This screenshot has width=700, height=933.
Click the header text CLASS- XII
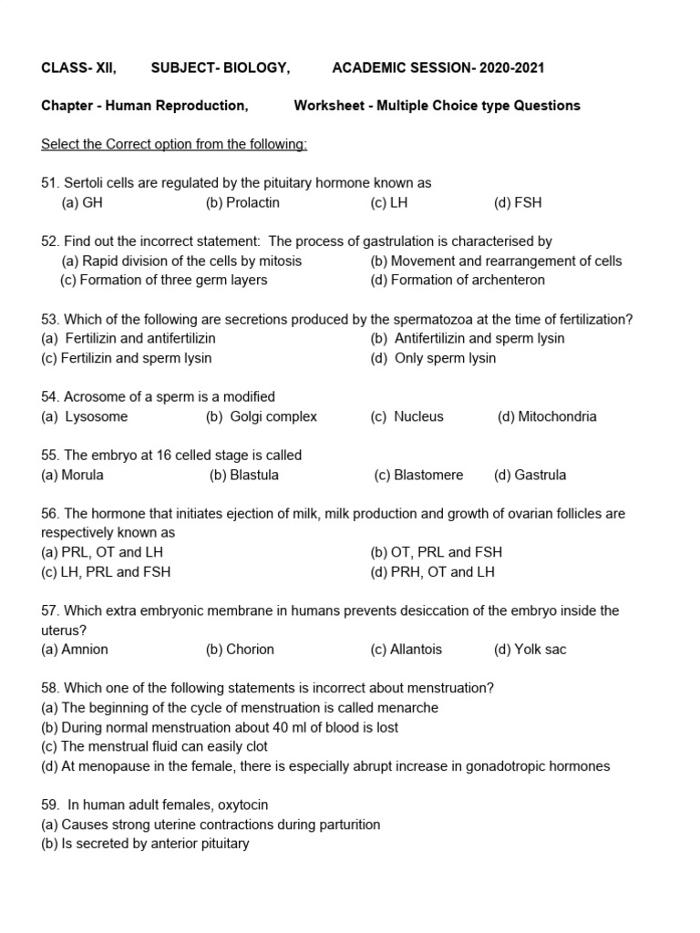click(x=78, y=68)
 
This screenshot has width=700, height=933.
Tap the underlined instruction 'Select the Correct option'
click(x=174, y=144)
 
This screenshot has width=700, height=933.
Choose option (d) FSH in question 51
click(x=517, y=202)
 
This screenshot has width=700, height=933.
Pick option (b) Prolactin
click(x=242, y=202)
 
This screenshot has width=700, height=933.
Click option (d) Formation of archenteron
click(x=458, y=280)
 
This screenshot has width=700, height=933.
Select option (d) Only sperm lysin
click(x=433, y=358)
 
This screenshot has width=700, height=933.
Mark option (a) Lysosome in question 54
click(x=85, y=416)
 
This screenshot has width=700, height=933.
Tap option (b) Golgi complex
click(x=262, y=416)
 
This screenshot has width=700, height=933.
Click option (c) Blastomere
click(x=418, y=475)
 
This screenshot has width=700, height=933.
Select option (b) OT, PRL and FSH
click(x=436, y=552)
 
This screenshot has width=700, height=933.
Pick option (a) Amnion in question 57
click(x=75, y=650)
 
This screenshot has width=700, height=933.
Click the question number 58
click(x=50, y=688)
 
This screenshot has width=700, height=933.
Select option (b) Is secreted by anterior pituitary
click(x=145, y=844)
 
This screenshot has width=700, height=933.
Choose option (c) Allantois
click(x=406, y=650)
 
